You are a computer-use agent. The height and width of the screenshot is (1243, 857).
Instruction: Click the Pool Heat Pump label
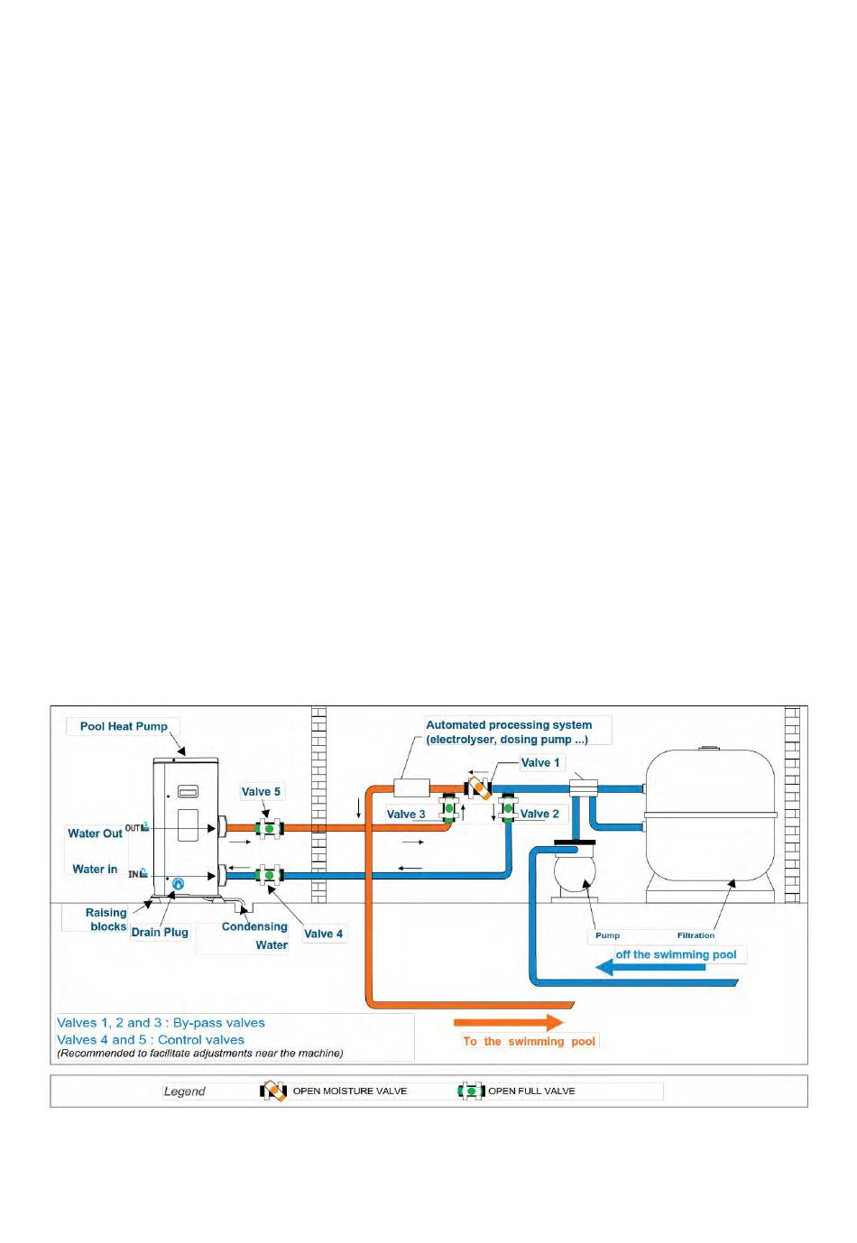pos(124,726)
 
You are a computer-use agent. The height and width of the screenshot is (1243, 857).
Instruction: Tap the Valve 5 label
pos(261,792)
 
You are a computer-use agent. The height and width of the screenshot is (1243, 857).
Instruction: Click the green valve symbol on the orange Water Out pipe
pos(269,828)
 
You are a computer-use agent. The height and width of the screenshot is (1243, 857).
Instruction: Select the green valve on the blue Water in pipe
pos(269,875)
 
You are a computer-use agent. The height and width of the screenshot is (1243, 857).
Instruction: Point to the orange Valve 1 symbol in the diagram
pos(478,787)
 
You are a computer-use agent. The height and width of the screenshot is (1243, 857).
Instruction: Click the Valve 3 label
pos(406,814)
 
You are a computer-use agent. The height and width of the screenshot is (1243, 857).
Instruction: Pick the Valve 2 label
pos(539,814)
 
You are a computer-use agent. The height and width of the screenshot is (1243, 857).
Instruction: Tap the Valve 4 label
pos(323,934)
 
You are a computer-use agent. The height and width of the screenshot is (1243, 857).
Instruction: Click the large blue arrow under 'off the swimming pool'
pos(650,968)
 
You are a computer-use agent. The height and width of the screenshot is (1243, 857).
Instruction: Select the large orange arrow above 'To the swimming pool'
pos(509,1023)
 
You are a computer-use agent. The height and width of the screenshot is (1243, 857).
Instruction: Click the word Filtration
pos(696,935)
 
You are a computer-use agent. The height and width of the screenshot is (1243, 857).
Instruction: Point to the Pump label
pos(607,935)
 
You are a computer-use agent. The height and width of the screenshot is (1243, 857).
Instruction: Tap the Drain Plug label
pos(160,933)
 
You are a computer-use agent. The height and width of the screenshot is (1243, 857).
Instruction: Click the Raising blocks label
pos(106,919)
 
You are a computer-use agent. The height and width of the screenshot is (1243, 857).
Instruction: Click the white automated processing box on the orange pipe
pos(412,787)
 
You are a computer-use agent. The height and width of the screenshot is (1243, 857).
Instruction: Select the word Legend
pos(184,1091)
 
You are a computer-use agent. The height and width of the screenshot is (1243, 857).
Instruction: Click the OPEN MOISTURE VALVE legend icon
pos(273,1091)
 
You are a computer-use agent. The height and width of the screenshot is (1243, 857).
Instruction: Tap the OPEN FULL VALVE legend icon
pos(471,1091)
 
